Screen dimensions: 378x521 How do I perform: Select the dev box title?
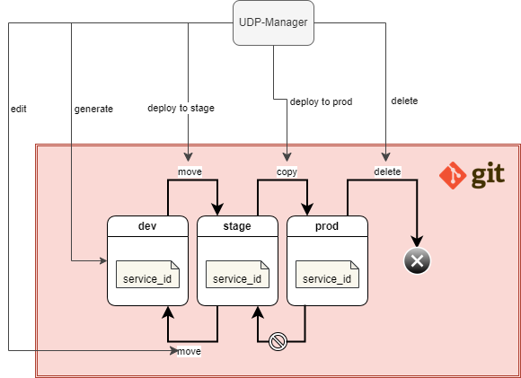pyautogui.click(x=147, y=227)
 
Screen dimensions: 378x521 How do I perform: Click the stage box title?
pyautogui.click(x=237, y=227)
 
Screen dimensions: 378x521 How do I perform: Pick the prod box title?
pyautogui.click(x=327, y=227)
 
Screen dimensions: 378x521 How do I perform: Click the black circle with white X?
pyautogui.click(x=418, y=261)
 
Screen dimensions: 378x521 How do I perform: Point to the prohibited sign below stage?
pyautogui.click(x=278, y=341)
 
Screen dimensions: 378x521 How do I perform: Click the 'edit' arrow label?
pyautogui.click(x=19, y=108)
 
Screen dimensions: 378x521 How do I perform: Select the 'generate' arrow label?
pyautogui.click(x=93, y=109)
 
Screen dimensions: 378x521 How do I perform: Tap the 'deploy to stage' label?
pyautogui.click(x=181, y=109)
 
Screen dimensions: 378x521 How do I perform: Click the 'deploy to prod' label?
pyautogui.click(x=321, y=101)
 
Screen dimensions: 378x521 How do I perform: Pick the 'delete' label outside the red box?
pyautogui.click(x=404, y=101)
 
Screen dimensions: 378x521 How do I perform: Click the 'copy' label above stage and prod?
pyautogui.click(x=287, y=171)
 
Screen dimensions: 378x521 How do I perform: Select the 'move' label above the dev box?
pyautogui.click(x=189, y=171)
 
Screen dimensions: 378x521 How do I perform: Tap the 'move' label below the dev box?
pyautogui.click(x=189, y=351)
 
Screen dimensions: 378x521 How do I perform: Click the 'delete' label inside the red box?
pyautogui.click(x=387, y=171)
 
